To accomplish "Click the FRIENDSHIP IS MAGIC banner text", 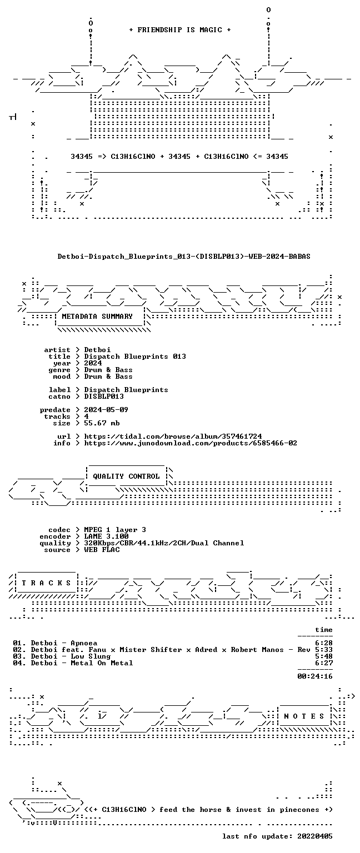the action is (180, 30).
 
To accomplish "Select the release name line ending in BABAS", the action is (184, 257).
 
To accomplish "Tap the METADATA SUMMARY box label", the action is (97, 317).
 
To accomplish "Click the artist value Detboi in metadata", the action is (97, 350).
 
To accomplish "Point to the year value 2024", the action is (93, 363).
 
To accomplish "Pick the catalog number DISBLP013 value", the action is (104, 397).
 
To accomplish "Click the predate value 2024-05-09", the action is (106, 410).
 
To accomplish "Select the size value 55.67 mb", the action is (102, 423).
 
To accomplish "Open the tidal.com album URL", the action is (173, 436).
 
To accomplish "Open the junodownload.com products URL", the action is (191, 443).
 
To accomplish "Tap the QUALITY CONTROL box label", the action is (126, 476).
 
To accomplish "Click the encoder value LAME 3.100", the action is (106, 536).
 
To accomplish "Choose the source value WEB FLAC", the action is (102, 550).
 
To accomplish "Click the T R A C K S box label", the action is (46, 583).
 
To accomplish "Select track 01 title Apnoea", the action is (84, 643).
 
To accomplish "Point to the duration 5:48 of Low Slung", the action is (324, 656).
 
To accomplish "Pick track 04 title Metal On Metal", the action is (102, 663).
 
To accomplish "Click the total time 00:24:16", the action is (315, 676).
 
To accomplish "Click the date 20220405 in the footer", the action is (315, 836).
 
